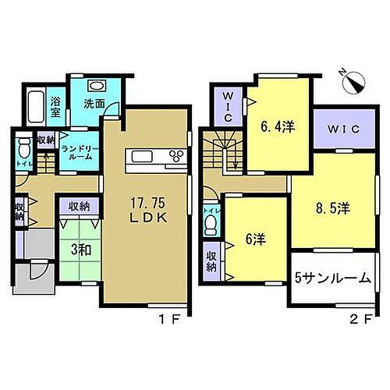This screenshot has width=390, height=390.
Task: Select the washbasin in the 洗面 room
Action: click(x=97, y=87)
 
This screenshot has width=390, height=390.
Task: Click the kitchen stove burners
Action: click(x=175, y=157)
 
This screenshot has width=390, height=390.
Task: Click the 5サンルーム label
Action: click(x=331, y=277)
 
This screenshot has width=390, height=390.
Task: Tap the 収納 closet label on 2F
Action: click(x=211, y=261)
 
